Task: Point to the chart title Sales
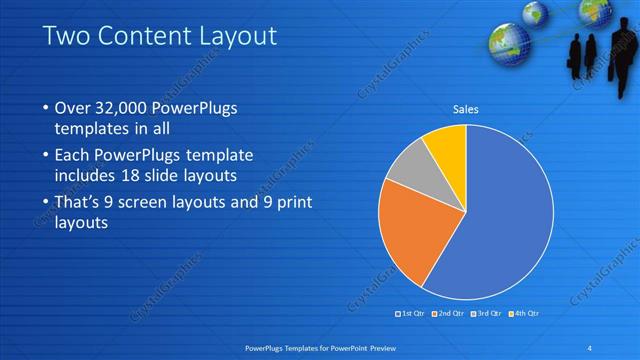click(466, 108)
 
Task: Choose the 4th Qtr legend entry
click(526, 314)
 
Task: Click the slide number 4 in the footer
click(589, 347)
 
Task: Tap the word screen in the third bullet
click(148, 204)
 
